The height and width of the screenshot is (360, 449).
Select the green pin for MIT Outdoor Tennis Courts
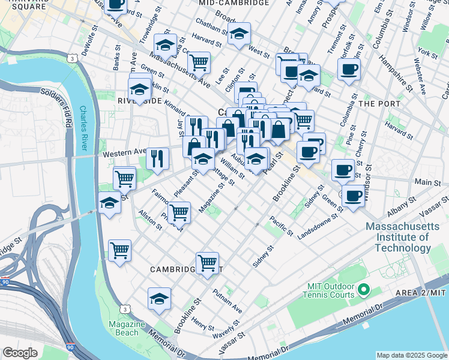[x=363, y=291]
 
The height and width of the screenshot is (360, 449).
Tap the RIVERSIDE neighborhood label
[x=139, y=101]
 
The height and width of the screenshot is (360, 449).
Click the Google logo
[x=20, y=353]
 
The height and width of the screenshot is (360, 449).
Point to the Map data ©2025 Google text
[x=411, y=355]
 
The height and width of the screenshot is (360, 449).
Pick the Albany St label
[x=400, y=204]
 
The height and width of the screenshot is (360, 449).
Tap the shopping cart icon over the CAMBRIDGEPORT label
[x=207, y=262]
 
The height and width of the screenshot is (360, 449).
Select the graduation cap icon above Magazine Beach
[x=159, y=298]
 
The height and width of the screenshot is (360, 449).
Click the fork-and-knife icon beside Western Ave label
[x=157, y=158]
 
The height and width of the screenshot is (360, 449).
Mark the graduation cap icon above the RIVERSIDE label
[x=140, y=90]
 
